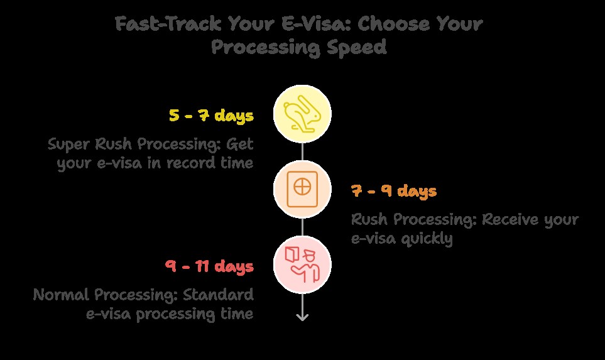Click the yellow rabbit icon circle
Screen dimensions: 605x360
pyautogui.click(x=302, y=114)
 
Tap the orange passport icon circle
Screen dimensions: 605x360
pyautogui.click(x=302, y=190)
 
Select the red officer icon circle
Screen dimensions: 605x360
pyautogui.click(x=302, y=265)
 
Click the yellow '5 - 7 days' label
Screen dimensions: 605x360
pyautogui.click(x=212, y=116)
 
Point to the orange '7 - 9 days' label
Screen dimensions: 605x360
pyautogui.click(x=394, y=190)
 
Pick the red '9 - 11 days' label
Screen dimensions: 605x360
pyautogui.click(x=209, y=266)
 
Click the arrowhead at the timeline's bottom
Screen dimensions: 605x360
pyautogui.click(x=302, y=317)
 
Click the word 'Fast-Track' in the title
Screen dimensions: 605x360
pyautogui.click(x=168, y=23)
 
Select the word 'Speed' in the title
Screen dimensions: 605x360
pyautogui.click(x=356, y=47)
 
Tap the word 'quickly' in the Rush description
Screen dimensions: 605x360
pyautogui.click(x=427, y=239)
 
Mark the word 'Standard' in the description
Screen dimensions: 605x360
pyautogui.click(x=218, y=295)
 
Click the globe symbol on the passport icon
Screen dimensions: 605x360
pyautogui.click(x=302, y=187)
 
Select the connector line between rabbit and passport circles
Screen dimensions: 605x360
pyautogui.click(x=302, y=151)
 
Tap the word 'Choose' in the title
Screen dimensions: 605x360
pyautogui.click(x=393, y=23)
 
